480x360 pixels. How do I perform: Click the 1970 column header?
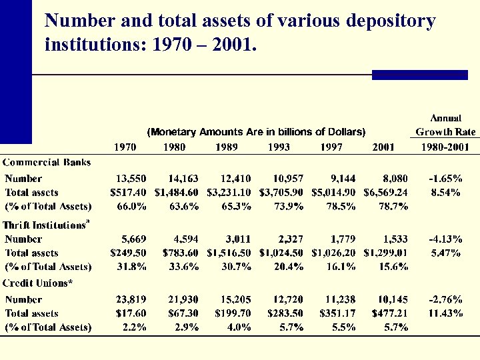pyautogui.click(x=125, y=147)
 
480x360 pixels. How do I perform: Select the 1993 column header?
pyautogui.click(x=279, y=147)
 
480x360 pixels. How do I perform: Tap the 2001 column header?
pyautogui.click(x=383, y=147)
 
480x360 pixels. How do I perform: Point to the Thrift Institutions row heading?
pyautogui.click(x=46, y=225)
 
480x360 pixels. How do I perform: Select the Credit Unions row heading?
pyautogui.click(x=37, y=283)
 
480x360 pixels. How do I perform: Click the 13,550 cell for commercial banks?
pyautogui.click(x=131, y=178)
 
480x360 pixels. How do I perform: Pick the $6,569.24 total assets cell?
pyautogui.click(x=385, y=192)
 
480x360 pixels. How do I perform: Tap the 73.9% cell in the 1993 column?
pyautogui.click(x=288, y=206)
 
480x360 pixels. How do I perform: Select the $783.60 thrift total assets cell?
pyautogui.click(x=181, y=253)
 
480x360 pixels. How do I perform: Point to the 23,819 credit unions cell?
pyautogui.click(x=131, y=299)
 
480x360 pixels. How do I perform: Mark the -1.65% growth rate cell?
pyautogui.click(x=445, y=178)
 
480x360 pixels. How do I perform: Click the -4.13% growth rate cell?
pyautogui.click(x=445, y=239)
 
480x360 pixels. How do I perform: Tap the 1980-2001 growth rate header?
pyautogui.click(x=443, y=147)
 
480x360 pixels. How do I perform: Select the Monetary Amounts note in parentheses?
pyautogui.click(x=257, y=131)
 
